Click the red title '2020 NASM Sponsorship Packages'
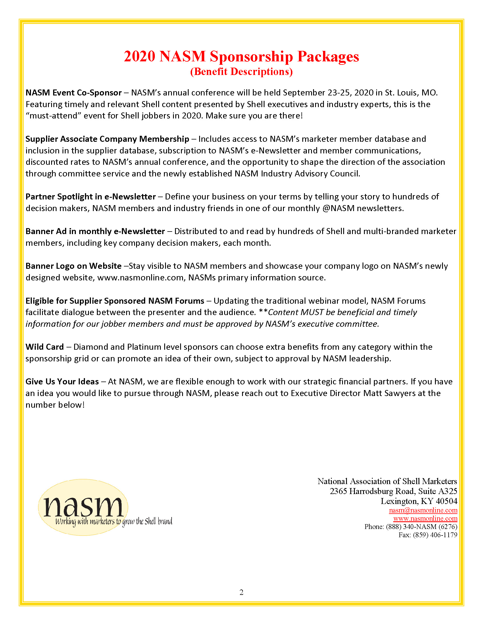pos(241,56)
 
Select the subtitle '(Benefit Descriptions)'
pos(241,72)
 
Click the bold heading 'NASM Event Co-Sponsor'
pos(74,93)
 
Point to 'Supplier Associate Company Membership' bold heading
pos(107,139)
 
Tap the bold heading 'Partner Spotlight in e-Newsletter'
pos(90,197)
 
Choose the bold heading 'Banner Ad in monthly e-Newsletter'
pos(95,231)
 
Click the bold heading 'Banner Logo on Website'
pos(74,266)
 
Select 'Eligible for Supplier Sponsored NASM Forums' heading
pos(115,301)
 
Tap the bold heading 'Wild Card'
pos(45,347)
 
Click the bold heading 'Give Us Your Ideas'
pos(62,382)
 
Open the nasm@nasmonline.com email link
pos(423,510)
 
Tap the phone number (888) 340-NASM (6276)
pos(421,526)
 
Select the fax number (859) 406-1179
pos(435,535)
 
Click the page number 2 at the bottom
pos(241,592)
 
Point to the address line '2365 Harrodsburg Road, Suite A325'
pos(393,491)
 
